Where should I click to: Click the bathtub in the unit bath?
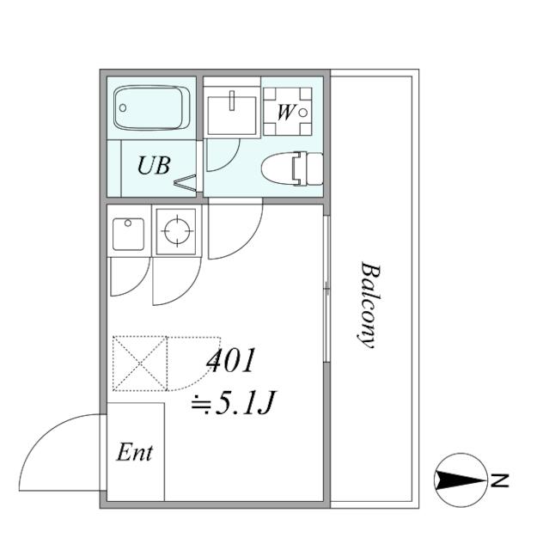click(151, 107)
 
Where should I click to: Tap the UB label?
click(154, 165)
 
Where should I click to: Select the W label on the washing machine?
click(286, 113)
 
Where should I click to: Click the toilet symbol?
click(292, 168)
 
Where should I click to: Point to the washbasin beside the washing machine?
click(232, 115)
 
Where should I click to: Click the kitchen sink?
click(128, 234)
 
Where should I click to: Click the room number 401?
click(230, 360)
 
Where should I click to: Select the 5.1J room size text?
click(233, 403)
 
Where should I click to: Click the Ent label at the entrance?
click(134, 452)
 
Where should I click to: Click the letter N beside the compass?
click(499, 480)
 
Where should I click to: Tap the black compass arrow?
click(461, 480)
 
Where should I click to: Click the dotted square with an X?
click(139, 364)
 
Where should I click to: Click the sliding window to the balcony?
click(326, 289)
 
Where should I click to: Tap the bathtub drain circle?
click(123, 107)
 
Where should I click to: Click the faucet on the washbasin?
click(231, 101)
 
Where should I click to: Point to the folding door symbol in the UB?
click(185, 183)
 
